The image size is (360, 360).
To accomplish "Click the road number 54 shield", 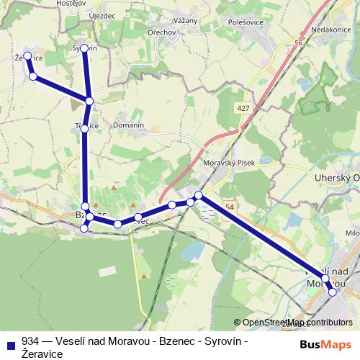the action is tap(228, 206).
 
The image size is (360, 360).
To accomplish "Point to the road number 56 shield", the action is tap(297, 45).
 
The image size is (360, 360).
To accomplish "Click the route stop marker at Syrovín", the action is tap(84, 48).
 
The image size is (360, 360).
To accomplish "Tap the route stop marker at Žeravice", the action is tap(27, 55).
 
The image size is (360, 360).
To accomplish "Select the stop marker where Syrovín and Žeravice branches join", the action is tap(89, 102).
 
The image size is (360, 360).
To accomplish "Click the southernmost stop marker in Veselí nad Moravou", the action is tap(332, 292).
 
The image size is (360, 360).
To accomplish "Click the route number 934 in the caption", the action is tap(31, 341).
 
